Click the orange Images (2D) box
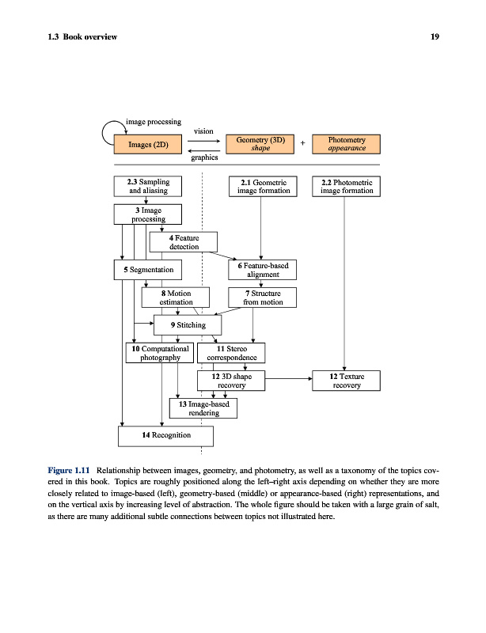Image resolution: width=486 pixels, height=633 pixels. coord(149,144)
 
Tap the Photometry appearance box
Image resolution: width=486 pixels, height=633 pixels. coord(347,143)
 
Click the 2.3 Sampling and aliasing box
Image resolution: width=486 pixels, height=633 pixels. coord(149,186)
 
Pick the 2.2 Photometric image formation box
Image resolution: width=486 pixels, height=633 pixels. coord(347,186)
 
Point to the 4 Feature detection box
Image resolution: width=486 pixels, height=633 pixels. coord(183,241)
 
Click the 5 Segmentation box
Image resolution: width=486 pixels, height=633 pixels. coord(149,270)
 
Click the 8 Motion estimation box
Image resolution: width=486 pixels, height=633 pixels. coord(176,298)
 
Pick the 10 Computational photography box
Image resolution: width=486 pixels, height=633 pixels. coord(161,353)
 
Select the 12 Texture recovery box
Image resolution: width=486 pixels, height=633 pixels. coord(347,381)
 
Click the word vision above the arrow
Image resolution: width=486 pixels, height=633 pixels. coord(203,131)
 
